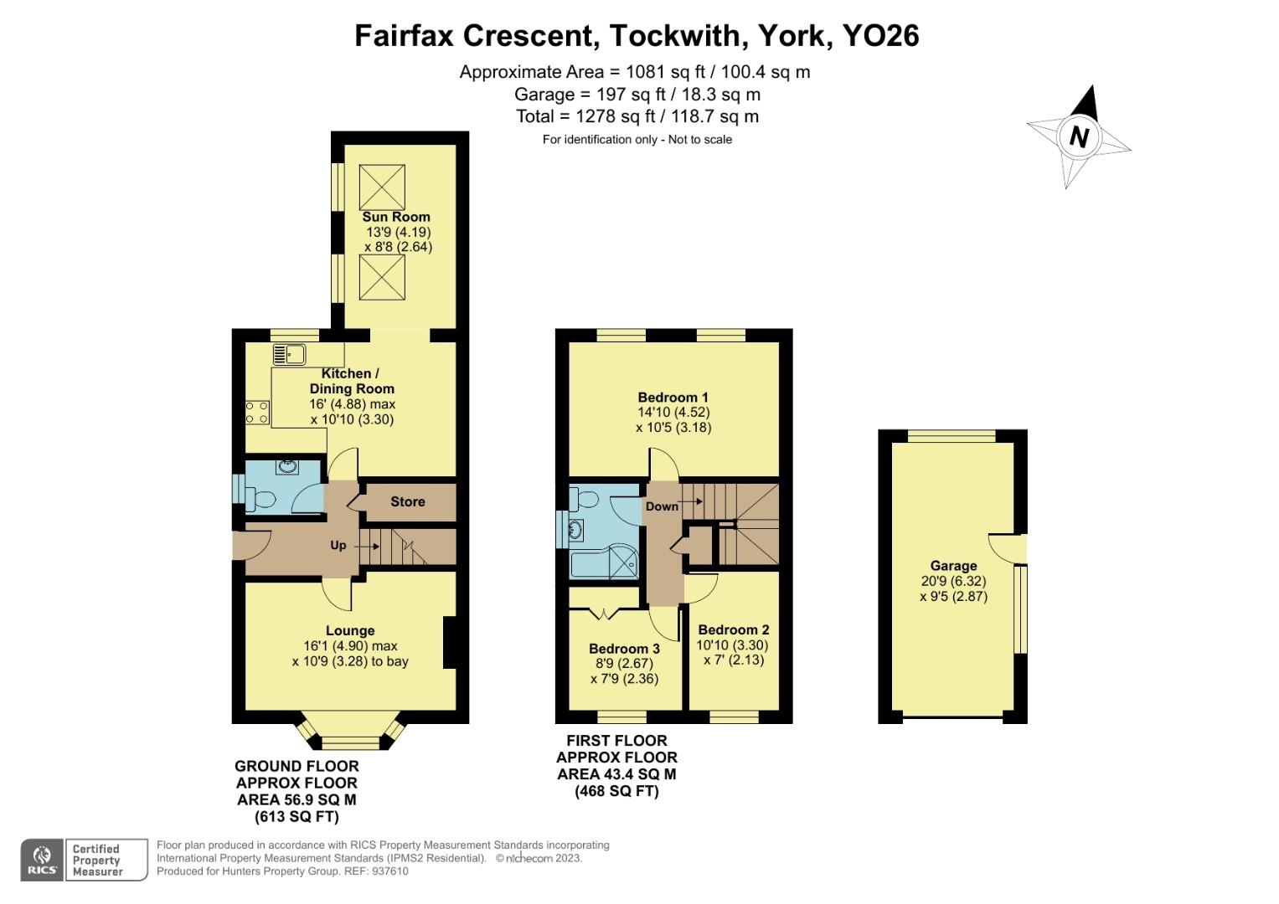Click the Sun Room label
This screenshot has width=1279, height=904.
click(396, 217)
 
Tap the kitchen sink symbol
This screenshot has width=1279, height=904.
click(289, 354)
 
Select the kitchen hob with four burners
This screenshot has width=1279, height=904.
click(257, 412)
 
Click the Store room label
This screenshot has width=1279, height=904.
click(408, 501)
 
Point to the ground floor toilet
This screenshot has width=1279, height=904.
click(262, 500)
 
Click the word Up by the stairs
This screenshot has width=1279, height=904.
click(338, 545)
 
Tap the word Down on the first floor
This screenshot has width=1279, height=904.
click(662, 506)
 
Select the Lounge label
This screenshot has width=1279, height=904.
click(350, 630)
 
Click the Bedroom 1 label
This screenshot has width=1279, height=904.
click(673, 397)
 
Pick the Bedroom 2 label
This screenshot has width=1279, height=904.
click(733, 629)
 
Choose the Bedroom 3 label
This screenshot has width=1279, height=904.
click(624, 649)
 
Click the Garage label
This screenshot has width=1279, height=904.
click(953, 566)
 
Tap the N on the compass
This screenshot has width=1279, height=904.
click(1080, 136)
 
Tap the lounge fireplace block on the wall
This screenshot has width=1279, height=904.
click(450, 642)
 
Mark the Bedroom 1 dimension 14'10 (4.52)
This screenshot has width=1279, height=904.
click(673, 412)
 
